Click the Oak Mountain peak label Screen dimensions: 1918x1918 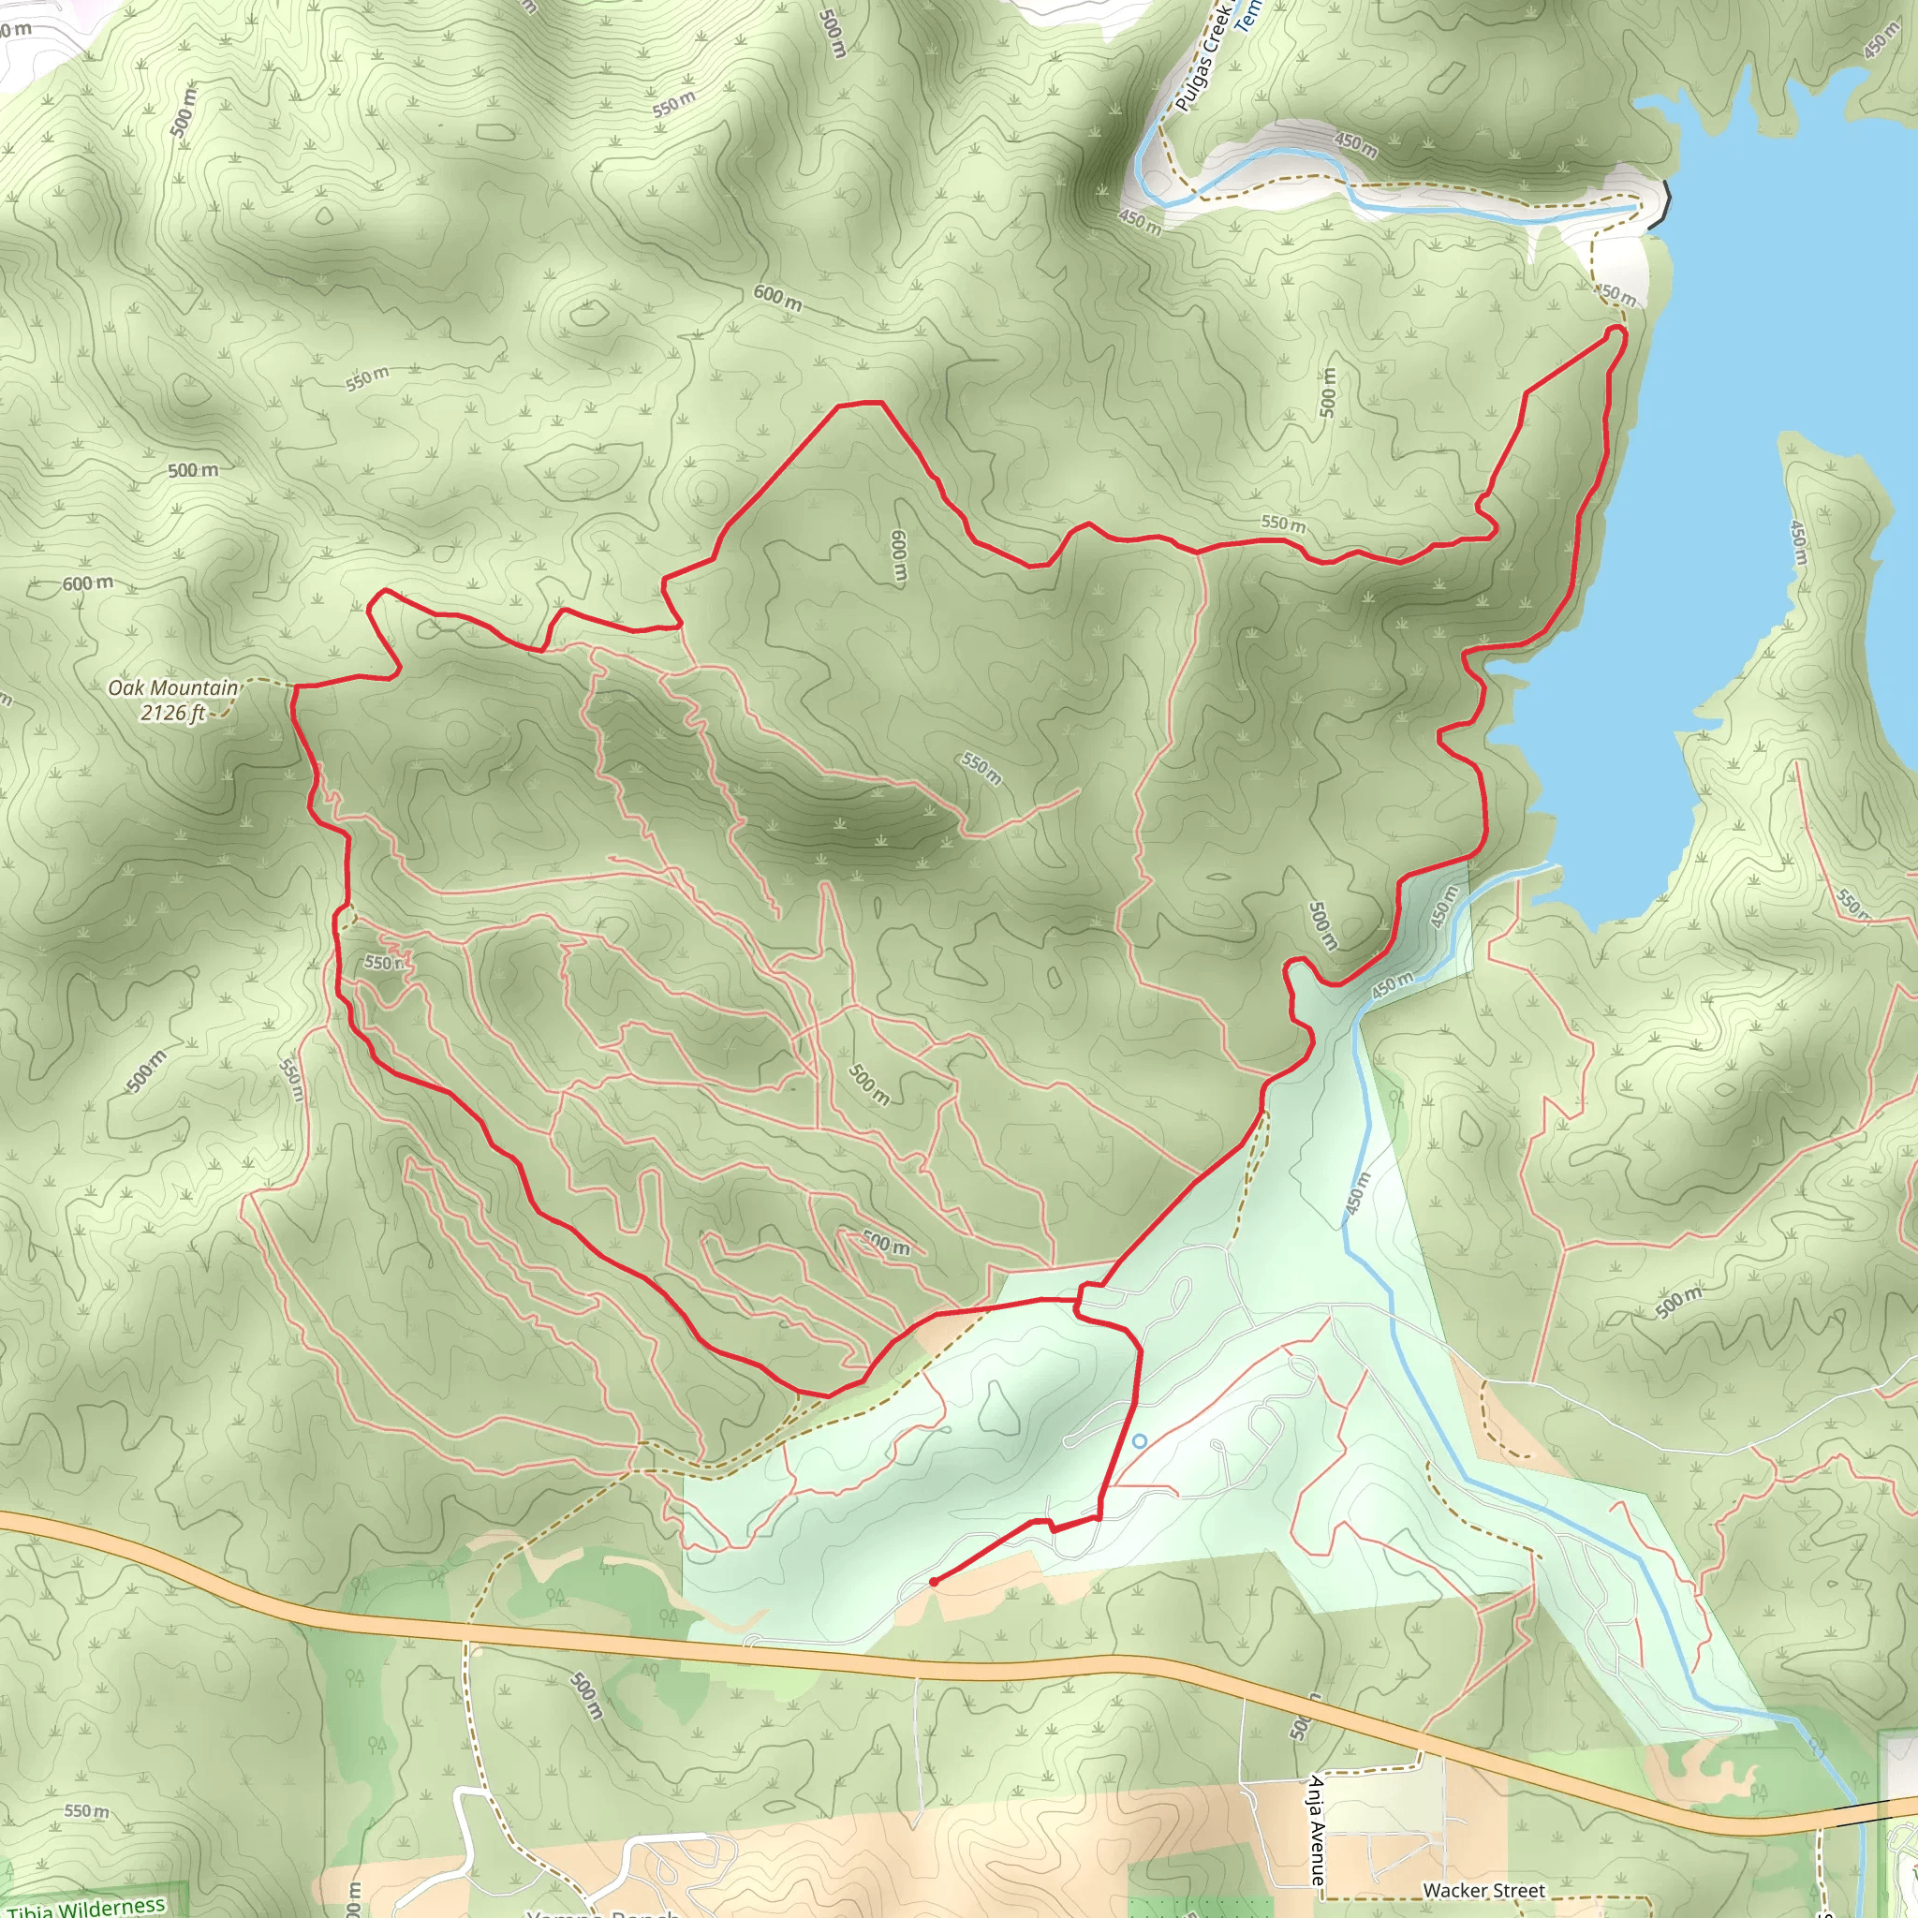point(172,688)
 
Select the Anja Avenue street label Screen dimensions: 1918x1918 point(1317,1830)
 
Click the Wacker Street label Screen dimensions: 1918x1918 point(1483,1890)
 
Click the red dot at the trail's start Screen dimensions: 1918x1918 point(934,1582)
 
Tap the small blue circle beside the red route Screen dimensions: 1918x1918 point(1140,1440)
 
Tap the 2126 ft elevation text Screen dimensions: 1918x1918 point(172,713)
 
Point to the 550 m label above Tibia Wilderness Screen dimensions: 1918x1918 point(86,1811)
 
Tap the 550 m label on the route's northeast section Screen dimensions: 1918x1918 point(1283,523)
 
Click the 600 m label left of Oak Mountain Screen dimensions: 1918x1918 point(87,583)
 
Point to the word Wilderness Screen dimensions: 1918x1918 point(116,1904)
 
